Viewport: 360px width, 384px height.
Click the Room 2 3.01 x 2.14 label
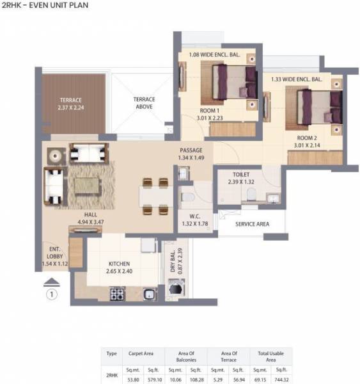[x=308, y=141]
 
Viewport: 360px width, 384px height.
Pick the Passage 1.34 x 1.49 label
[x=191, y=154]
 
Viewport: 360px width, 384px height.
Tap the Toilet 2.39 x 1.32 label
[x=241, y=177]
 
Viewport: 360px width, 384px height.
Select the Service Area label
[x=252, y=224]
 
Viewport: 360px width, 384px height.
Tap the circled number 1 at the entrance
[x=52, y=294]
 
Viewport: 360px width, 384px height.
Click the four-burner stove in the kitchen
[x=118, y=293]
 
